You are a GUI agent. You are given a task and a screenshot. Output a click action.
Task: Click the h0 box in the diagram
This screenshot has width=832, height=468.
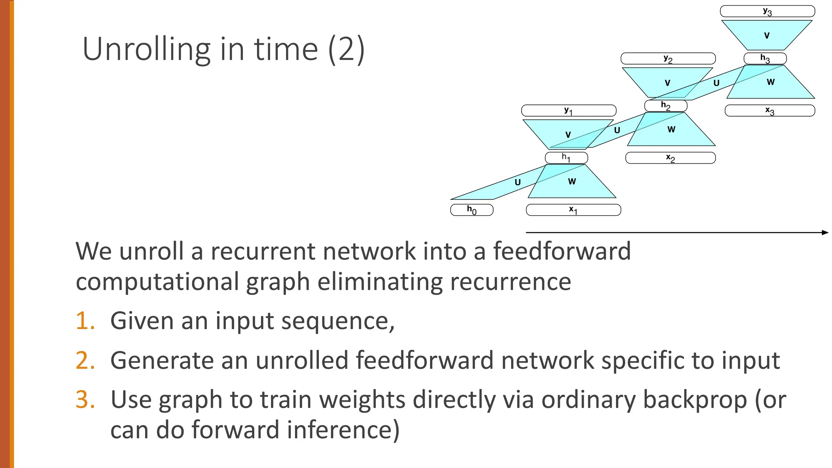click(x=472, y=210)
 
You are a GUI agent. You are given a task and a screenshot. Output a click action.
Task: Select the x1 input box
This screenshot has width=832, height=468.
click(x=573, y=210)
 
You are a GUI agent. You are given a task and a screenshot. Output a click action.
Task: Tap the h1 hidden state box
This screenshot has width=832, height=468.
click(x=566, y=157)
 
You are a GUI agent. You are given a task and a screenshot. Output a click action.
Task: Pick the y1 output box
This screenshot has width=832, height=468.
click(x=568, y=110)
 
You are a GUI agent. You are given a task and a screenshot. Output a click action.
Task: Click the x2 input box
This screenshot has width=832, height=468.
click(x=670, y=158)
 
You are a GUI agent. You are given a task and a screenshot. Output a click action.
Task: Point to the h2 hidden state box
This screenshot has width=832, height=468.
click(x=665, y=106)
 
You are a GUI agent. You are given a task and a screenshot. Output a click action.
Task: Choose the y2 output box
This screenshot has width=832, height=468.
click(x=668, y=58)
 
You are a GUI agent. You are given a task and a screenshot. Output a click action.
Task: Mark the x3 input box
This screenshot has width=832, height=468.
click(x=769, y=110)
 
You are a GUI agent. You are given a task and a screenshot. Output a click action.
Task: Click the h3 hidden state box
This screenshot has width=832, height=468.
click(x=765, y=58)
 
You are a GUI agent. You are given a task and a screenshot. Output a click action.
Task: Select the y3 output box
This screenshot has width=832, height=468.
click(x=767, y=11)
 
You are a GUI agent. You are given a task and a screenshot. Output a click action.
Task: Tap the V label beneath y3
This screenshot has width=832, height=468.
click(x=767, y=36)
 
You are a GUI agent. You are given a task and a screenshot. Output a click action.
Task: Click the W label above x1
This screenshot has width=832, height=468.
click(x=572, y=182)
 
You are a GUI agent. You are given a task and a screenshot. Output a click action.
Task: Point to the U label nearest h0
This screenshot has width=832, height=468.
click(x=518, y=182)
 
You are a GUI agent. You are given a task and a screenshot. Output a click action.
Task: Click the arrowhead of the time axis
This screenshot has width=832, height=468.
click(x=825, y=232)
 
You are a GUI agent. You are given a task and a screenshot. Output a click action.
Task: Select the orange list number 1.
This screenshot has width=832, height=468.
click(x=85, y=321)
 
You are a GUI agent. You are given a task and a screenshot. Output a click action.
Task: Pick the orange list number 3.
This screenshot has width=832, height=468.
click(x=85, y=399)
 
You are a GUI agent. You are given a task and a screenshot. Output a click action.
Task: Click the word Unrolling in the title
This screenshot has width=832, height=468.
click(x=146, y=49)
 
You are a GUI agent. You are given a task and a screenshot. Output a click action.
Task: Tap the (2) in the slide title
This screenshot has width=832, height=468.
click(x=346, y=49)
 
